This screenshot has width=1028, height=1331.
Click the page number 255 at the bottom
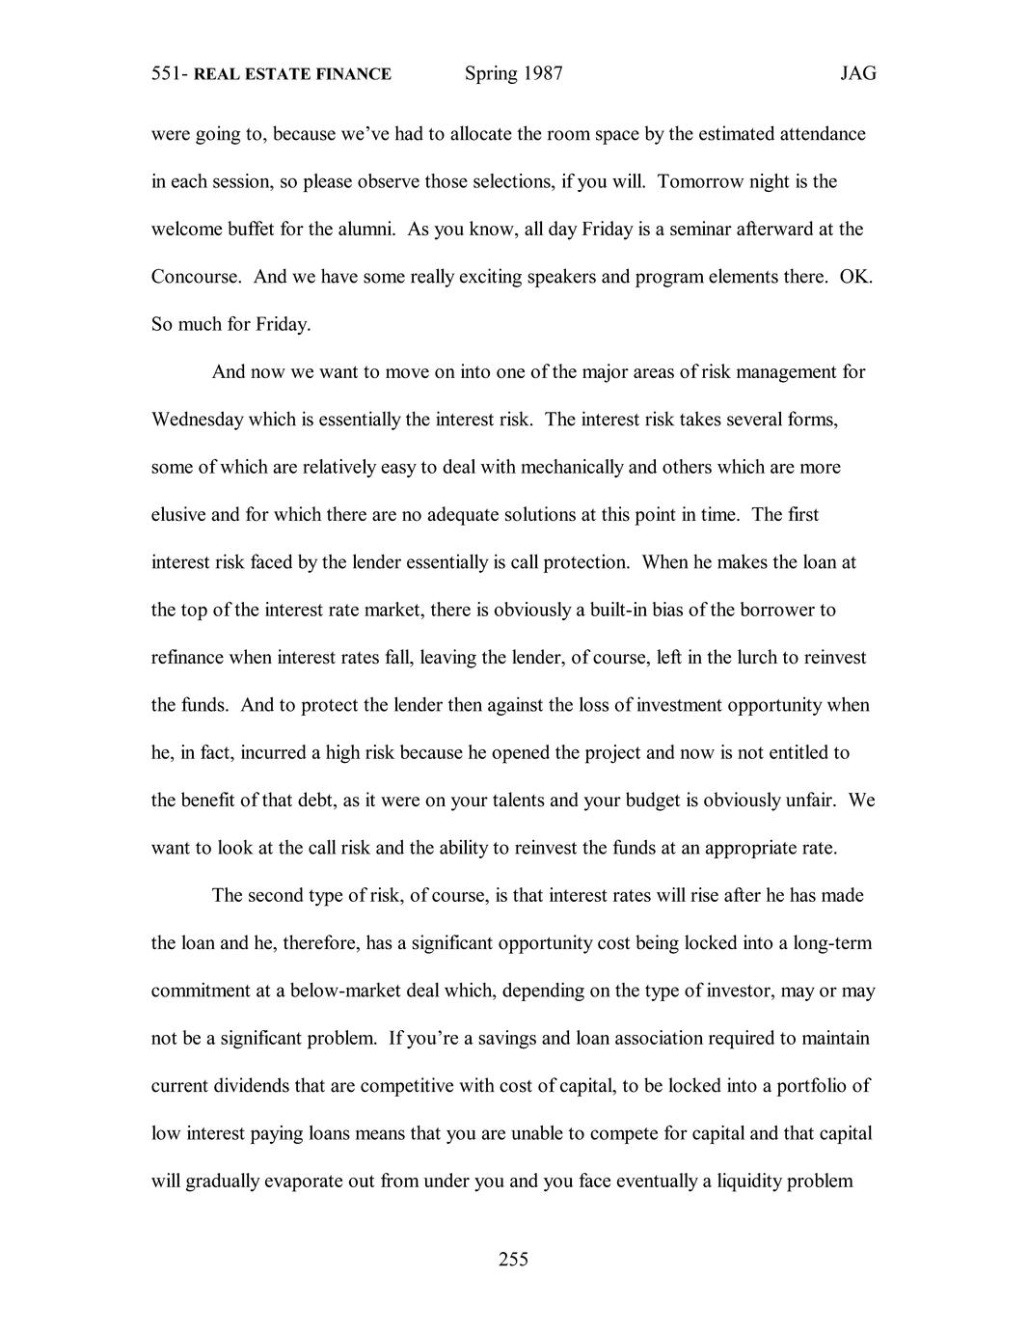pos(513,1259)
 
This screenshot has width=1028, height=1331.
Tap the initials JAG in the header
pos(857,74)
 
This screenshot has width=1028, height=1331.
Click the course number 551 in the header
pos(168,74)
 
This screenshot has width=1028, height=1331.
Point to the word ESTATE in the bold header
pos(277,74)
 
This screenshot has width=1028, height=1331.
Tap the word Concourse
pos(196,277)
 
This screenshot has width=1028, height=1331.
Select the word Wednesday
pos(198,420)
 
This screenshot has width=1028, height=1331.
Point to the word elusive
pos(178,514)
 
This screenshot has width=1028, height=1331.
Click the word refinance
pos(187,658)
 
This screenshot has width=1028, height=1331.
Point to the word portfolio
pos(808,1086)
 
